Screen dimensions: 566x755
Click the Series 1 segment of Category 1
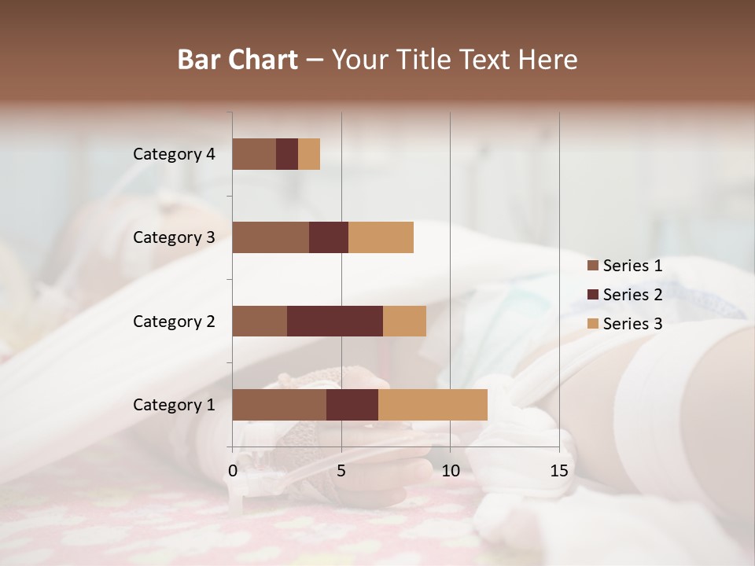tap(279, 405)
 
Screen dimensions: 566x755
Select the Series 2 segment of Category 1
tap(352, 405)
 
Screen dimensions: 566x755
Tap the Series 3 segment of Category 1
tap(433, 405)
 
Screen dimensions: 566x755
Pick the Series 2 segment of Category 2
tap(335, 321)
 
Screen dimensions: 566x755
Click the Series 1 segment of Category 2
tap(260, 321)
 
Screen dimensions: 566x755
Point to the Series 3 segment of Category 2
tap(404, 321)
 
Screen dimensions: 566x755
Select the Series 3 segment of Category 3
tap(381, 237)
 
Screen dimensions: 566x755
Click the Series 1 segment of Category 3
tap(271, 237)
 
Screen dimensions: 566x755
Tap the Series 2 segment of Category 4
tap(287, 154)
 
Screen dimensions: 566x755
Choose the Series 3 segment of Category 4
tap(309, 154)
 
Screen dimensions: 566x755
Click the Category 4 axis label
tap(174, 154)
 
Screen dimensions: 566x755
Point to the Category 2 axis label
tap(174, 321)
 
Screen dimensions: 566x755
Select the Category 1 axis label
tap(174, 405)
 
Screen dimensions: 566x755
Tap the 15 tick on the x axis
tap(558, 471)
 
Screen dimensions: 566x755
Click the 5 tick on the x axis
tap(341, 471)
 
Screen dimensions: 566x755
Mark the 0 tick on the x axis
tap(233, 471)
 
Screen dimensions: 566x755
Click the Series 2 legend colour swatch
tap(592, 295)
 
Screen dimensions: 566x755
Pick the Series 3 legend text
tap(632, 324)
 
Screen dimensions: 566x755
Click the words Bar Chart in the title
tap(238, 60)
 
